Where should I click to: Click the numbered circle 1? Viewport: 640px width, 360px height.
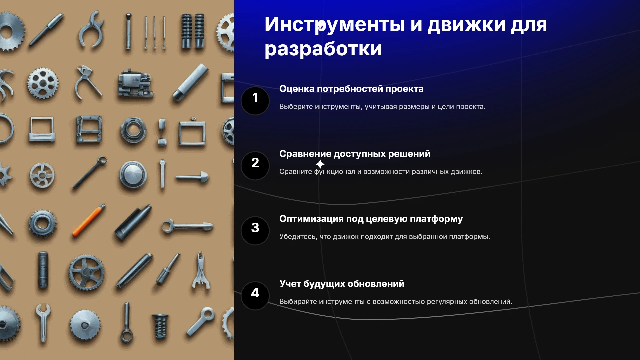(255, 101)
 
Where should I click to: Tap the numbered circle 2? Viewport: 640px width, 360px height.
(255, 166)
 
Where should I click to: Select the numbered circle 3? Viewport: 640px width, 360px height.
(255, 231)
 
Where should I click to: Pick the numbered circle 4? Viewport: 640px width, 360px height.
(255, 296)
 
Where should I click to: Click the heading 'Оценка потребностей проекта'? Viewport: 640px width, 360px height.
(351, 89)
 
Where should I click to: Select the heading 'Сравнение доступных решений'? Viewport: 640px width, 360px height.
(355, 154)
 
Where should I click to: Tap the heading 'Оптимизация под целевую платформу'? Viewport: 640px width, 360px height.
(371, 219)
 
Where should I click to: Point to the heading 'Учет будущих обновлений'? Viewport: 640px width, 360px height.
(342, 284)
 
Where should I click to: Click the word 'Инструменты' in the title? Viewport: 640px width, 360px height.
(335, 25)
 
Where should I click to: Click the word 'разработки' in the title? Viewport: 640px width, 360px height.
(323, 49)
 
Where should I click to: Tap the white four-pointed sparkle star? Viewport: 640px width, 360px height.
(320, 164)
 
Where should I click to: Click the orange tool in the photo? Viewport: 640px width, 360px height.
(89, 220)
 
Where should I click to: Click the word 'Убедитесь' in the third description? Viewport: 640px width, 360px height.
(298, 237)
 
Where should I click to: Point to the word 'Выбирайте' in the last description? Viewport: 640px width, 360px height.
(298, 302)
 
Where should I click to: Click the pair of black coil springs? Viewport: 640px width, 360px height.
(193, 31)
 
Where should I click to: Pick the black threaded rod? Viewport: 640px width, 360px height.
(43, 270)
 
